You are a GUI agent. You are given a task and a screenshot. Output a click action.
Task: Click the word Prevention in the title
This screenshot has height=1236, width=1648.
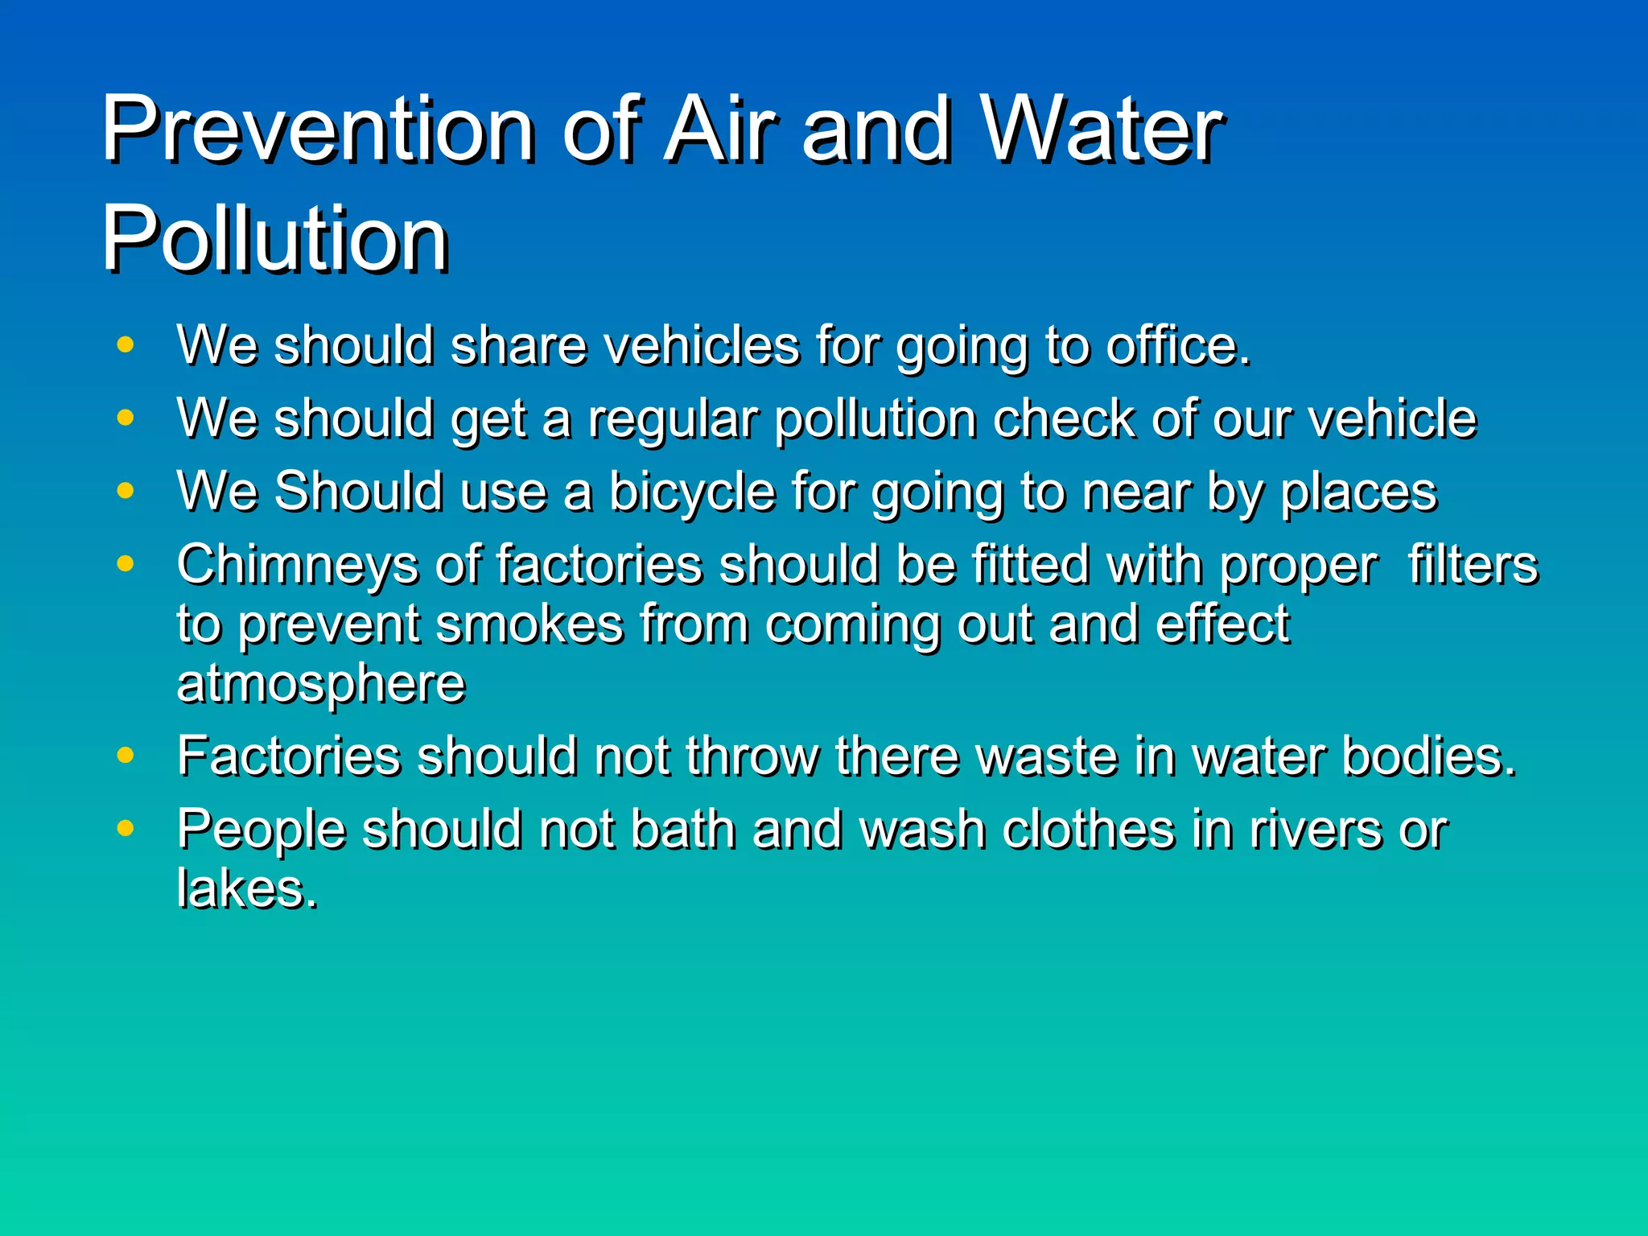tap(318, 129)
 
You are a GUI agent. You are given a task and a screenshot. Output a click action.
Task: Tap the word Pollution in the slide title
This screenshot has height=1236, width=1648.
tap(274, 239)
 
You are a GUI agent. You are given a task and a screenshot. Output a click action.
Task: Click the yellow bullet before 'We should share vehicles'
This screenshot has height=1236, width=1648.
tap(125, 345)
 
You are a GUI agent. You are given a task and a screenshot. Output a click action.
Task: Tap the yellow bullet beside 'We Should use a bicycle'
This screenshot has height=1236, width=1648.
tap(125, 491)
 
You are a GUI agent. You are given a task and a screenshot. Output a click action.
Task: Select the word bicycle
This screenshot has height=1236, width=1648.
tap(692, 492)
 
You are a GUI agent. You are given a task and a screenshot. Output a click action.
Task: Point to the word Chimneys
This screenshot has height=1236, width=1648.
tap(297, 566)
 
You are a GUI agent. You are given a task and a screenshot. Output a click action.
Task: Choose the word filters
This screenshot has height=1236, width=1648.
tap(1473, 564)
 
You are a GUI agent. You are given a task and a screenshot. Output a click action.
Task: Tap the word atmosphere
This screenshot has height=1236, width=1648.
tap(321, 684)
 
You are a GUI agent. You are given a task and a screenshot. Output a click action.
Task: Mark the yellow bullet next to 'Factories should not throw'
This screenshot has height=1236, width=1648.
tap(125, 756)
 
